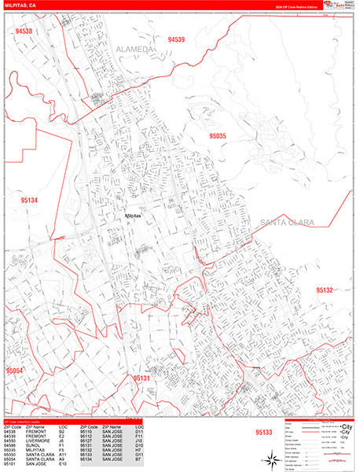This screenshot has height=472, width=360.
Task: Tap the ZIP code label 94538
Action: point(24,31)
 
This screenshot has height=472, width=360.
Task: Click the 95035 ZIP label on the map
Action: point(217,136)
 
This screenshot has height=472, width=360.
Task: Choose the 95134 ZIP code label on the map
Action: point(29,201)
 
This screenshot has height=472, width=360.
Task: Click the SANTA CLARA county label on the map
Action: point(285,223)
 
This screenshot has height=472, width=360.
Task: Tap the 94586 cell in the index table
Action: point(9,445)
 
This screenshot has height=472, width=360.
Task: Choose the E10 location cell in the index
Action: point(62,464)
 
